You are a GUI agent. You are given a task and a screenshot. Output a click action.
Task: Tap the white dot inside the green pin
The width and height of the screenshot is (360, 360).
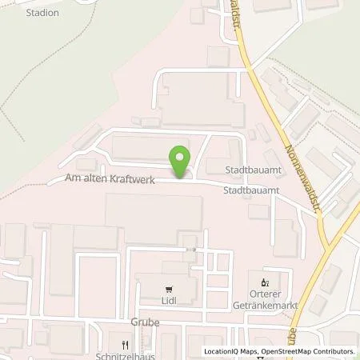point(180,155)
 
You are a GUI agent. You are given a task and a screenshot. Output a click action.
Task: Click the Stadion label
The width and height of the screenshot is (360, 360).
point(42,14)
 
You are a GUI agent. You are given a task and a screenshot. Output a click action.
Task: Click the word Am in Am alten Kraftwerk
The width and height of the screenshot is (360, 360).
point(75,184)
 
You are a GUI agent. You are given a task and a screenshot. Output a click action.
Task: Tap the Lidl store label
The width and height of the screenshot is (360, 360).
point(169,302)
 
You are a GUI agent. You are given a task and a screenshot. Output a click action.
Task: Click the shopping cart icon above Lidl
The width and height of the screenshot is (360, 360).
point(169,290)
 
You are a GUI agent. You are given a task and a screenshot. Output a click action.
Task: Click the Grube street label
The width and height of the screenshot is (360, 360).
point(146,323)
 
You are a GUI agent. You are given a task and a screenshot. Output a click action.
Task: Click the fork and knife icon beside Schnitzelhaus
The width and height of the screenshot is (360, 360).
point(124,345)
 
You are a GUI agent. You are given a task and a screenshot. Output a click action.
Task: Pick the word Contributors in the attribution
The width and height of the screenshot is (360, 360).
point(334,351)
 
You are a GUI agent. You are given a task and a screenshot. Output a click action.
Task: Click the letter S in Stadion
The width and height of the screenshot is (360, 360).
point(29,14)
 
